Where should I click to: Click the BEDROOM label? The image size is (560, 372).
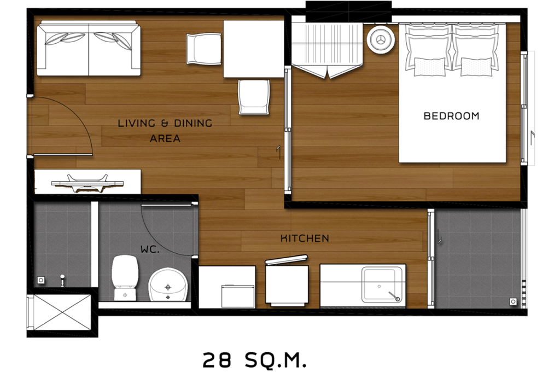pos(451,116)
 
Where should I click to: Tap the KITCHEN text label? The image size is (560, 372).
pos(305,239)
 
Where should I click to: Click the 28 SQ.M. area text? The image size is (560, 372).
pos(254,359)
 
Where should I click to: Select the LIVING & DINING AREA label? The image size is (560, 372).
pos(165,130)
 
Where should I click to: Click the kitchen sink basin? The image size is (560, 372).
pos(383,284)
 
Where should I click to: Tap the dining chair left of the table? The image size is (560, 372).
pos(203,49)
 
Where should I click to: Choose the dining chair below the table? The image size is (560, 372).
pos(254,97)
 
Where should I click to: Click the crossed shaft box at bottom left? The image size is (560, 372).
pos(59,312)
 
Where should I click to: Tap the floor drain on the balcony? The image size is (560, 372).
pos(513,301)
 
